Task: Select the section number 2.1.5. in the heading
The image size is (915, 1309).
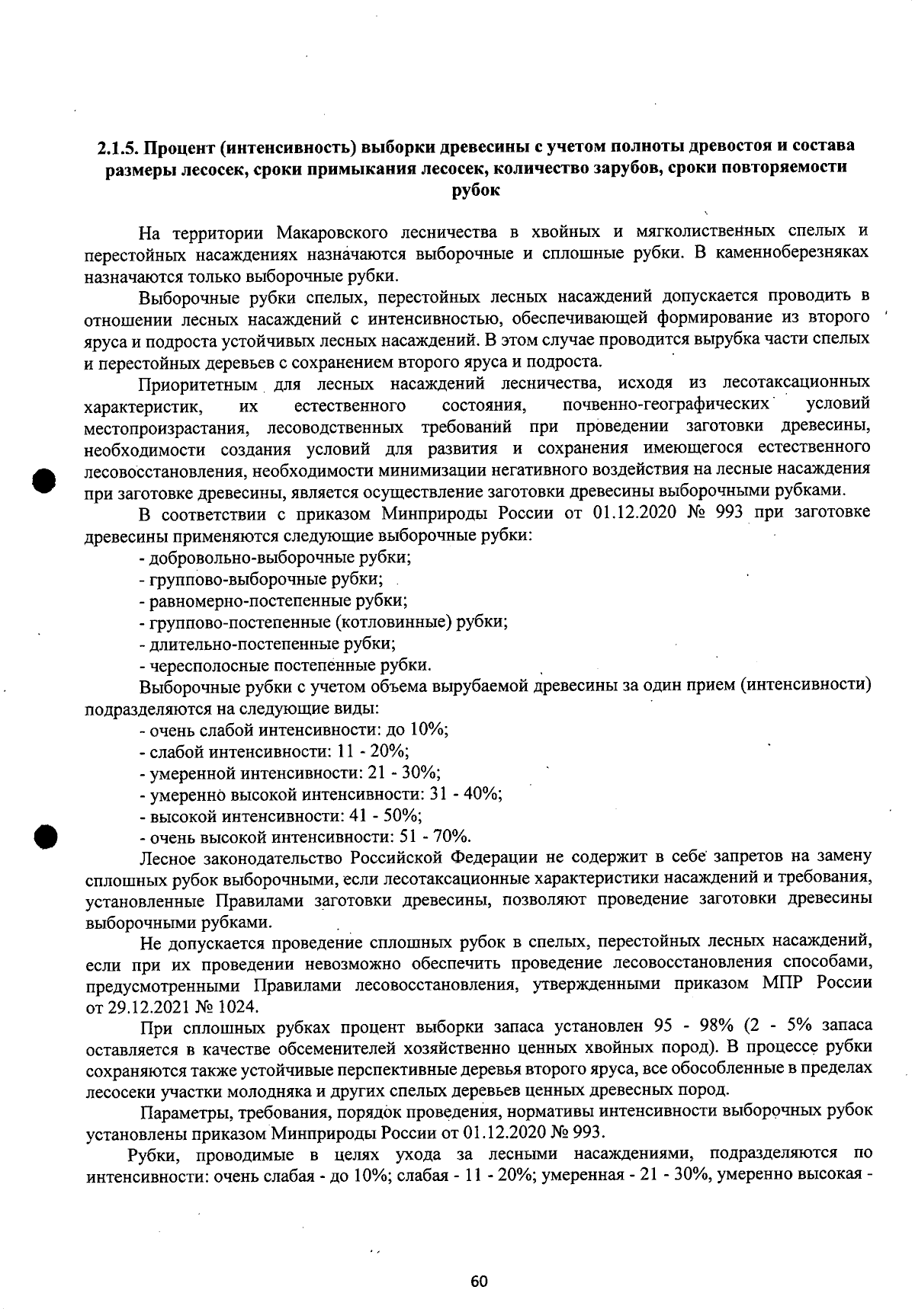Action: click(x=118, y=146)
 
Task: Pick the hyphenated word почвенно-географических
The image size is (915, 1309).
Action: click(x=665, y=402)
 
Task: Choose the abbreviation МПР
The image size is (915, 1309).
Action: click(x=782, y=984)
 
